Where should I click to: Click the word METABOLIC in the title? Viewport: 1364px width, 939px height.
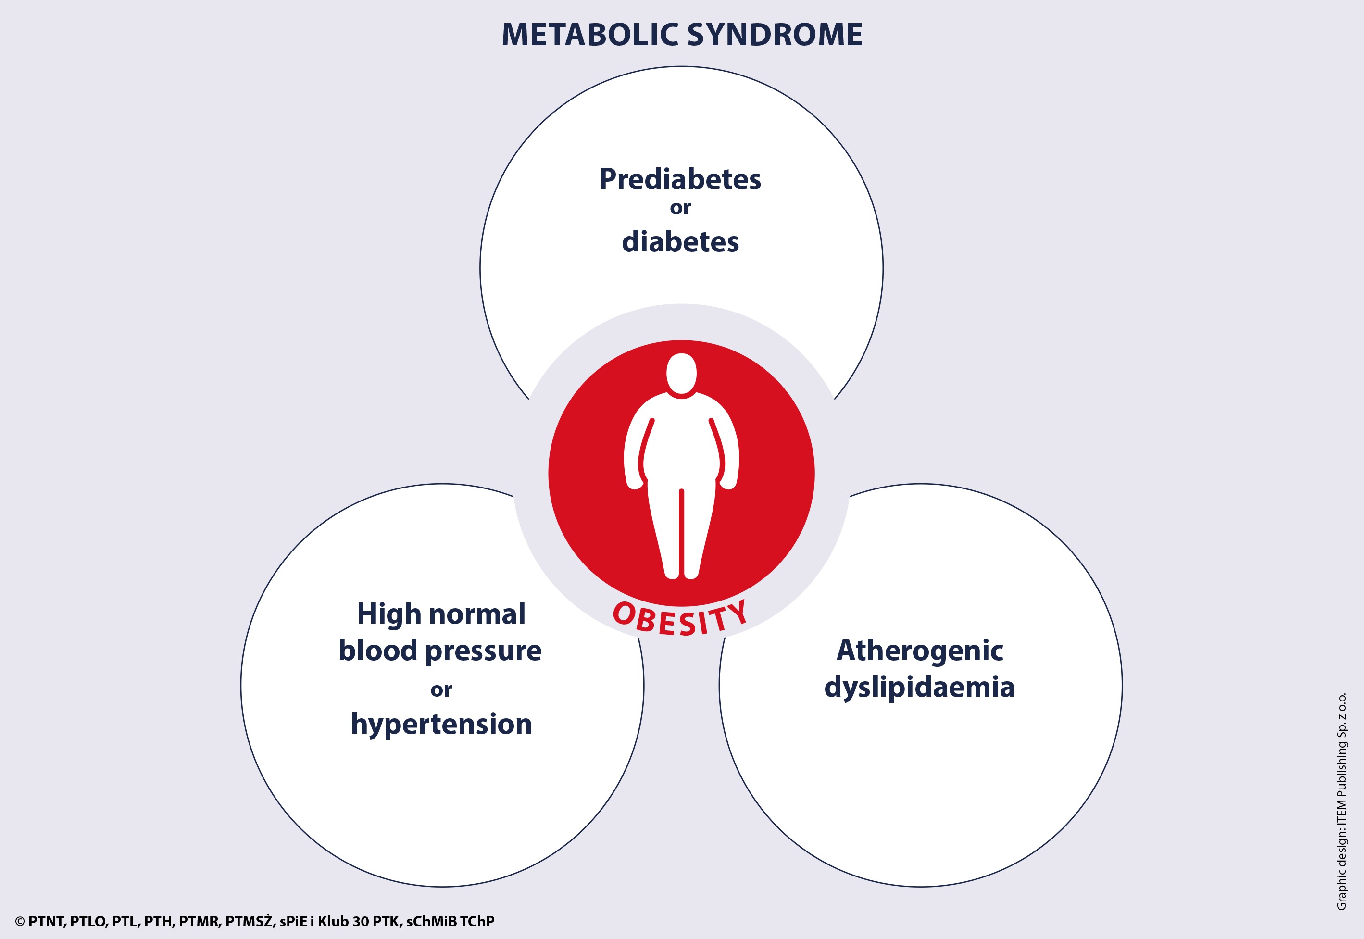pyautogui.click(x=590, y=35)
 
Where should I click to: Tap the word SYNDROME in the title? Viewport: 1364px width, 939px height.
pyautogui.click(x=775, y=35)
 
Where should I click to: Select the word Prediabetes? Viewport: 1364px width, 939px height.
pyautogui.click(x=680, y=179)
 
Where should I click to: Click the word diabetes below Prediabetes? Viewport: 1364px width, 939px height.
pyautogui.click(x=680, y=241)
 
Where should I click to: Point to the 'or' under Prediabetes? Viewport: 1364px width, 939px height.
pyautogui.click(x=680, y=208)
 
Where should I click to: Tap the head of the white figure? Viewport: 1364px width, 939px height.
pyautogui.click(x=682, y=373)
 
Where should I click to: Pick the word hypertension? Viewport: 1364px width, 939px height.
pyautogui.click(x=442, y=724)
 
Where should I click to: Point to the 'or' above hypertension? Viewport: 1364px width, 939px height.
pyautogui.click(x=441, y=690)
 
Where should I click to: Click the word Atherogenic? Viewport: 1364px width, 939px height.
pyautogui.click(x=920, y=650)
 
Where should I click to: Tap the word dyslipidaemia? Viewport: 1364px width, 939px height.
pyautogui.click(x=919, y=687)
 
